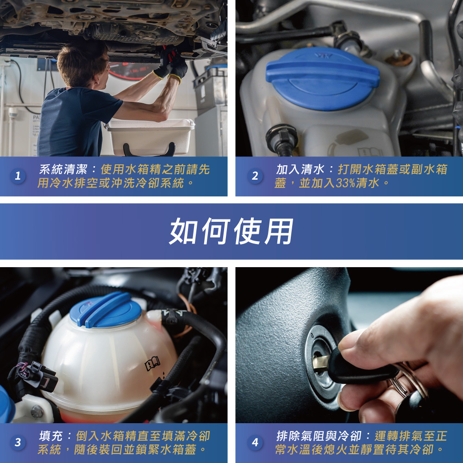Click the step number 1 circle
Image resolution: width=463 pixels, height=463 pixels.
point(18,176)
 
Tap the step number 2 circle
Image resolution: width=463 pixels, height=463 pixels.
point(255,176)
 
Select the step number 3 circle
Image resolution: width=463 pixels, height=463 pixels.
point(18,442)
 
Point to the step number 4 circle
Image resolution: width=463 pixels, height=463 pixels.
point(255,442)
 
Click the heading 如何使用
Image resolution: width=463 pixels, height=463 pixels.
point(231,231)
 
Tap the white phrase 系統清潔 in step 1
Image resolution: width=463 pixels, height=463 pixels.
point(63,169)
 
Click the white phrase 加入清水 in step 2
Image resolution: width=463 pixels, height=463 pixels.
point(300,169)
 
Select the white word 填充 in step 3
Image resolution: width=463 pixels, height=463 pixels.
point(51,436)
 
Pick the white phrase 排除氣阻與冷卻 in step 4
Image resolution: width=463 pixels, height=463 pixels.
point(319,436)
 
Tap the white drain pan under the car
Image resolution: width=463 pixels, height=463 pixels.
point(150,137)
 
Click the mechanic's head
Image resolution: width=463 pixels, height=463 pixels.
point(83,64)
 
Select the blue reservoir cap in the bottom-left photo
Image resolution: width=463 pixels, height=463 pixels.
point(106,310)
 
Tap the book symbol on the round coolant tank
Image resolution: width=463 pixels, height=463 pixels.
point(152,363)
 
